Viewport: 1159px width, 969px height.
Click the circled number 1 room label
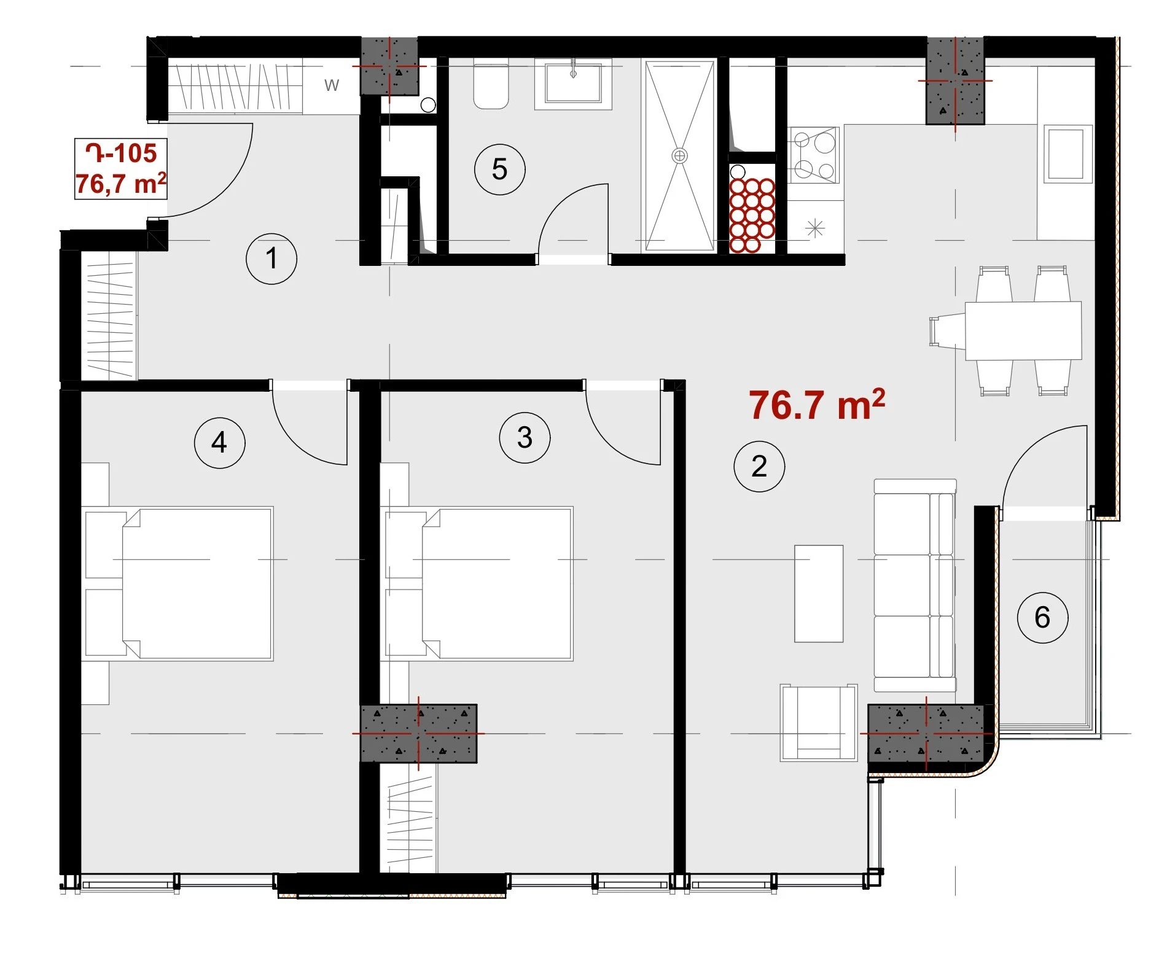pos(271,259)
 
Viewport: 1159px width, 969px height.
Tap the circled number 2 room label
pos(759,466)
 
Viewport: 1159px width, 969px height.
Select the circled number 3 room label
pos(525,438)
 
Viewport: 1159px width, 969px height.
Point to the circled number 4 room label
pos(219,443)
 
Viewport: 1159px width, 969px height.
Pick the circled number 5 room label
pos(499,169)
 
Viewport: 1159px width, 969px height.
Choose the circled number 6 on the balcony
pos(1042,617)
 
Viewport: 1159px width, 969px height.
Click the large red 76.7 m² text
pos(817,405)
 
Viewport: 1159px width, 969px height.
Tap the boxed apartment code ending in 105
pos(121,168)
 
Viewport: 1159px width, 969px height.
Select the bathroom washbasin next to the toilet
pos(573,84)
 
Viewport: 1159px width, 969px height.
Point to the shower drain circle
pos(679,155)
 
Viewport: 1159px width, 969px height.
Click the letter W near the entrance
pos(332,85)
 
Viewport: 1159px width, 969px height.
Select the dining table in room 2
pos(1023,330)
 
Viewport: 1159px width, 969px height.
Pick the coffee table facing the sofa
pos(819,593)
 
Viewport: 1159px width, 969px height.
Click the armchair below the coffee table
pos(819,723)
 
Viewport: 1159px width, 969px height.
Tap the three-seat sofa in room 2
pos(915,585)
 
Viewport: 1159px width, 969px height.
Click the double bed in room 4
pos(179,583)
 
